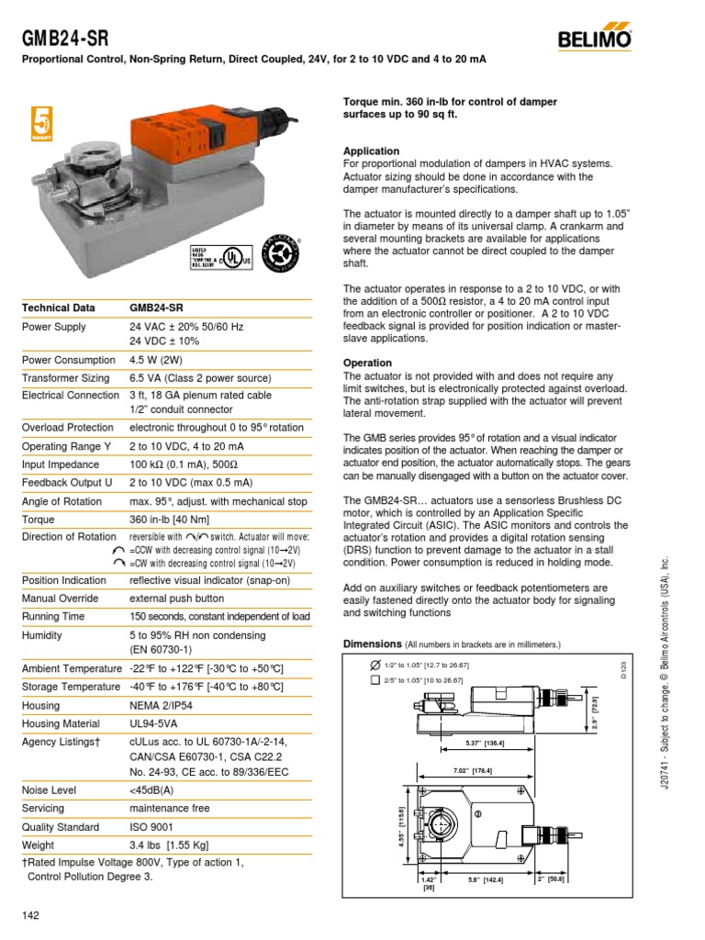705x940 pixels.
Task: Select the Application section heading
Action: click(371, 151)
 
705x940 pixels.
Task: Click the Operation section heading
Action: click(367, 363)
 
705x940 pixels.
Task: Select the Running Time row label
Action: click(54, 616)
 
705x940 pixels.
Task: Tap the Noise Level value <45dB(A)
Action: click(152, 789)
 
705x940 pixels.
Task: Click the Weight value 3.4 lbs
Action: click(175, 845)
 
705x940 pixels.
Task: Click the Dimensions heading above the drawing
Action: click(372, 644)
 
